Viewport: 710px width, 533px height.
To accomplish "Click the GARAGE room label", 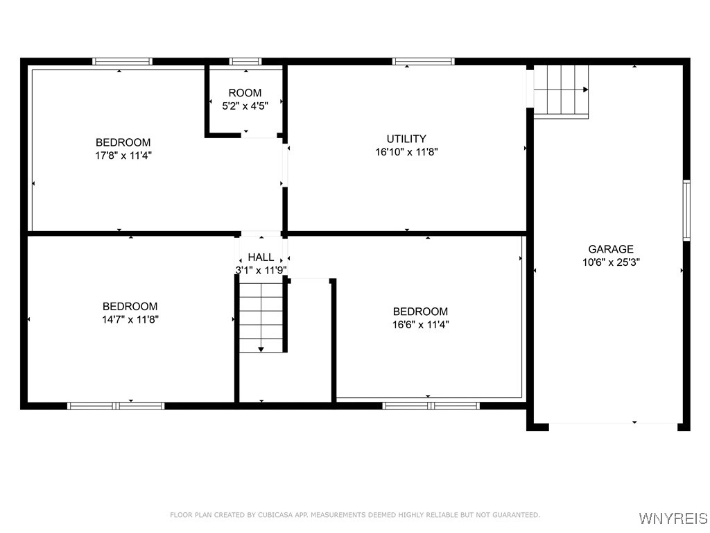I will coord(611,249).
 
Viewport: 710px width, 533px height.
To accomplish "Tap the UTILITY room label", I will coord(406,139).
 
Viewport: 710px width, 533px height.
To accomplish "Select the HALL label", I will coord(261,257).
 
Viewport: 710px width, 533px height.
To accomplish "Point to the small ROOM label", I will coord(245,93).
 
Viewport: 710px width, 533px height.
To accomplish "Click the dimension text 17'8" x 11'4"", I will coord(123,155).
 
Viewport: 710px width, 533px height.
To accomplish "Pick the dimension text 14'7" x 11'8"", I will coord(130,319).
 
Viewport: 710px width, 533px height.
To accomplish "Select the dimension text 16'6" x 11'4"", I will coord(420,324).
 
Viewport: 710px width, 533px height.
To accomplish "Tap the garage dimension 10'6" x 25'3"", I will coord(611,262).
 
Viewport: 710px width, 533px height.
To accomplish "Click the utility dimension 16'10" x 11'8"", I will coord(406,151).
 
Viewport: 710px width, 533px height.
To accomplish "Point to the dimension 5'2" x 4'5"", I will coord(245,105).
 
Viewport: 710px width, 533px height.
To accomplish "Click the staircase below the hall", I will coord(261,316).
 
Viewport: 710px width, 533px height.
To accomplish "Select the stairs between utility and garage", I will coord(561,90).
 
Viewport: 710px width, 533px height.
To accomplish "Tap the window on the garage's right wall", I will coord(686,210).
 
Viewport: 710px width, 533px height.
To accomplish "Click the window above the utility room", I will coord(424,62).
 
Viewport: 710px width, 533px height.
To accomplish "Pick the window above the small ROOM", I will coord(245,62).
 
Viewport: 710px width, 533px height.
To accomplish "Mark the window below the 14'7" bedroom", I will coord(116,405).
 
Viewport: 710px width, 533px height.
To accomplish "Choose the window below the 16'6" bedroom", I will coord(431,405).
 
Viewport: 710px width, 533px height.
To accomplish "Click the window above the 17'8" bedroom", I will coord(123,62).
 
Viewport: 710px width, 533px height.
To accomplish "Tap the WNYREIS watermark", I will coord(673,518).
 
